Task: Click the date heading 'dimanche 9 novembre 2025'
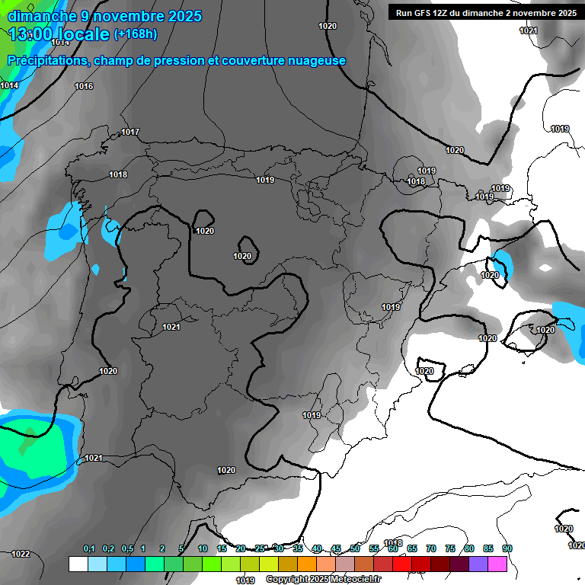click(104, 16)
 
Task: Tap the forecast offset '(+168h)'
click(136, 34)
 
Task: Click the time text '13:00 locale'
click(59, 34)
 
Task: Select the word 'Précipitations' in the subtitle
click(45, 61)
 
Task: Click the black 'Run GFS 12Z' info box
click(485, 12)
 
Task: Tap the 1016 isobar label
click(84, 87)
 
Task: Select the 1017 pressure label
click(130, 133)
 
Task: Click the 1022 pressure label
click(21, 554)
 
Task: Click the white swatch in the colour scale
click(78, 564)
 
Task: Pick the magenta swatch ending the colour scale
click(497, 564)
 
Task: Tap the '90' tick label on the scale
click(507, 549)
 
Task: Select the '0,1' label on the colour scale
click(89, 549)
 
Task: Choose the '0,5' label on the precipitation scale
click(127, 549)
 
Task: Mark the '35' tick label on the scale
click(298, 549)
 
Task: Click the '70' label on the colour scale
click(430, 549)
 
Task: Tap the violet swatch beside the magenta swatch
click(478, 564)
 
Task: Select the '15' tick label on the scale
click(222, 549)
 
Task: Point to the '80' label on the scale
click(468, 549)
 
